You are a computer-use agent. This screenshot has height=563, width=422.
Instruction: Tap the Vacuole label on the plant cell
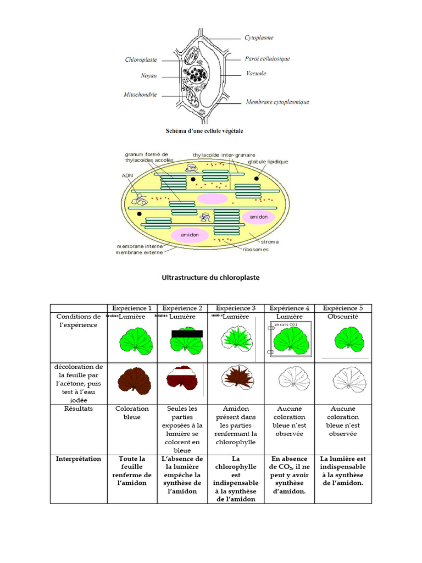256,73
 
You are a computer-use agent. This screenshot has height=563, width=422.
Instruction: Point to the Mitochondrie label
140,95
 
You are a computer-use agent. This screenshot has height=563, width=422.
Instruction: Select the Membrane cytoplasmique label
277,102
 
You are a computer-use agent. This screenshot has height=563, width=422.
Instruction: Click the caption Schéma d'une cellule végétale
204,131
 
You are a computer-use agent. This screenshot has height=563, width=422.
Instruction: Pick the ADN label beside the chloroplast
127,176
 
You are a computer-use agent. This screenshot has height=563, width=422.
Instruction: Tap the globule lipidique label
268,162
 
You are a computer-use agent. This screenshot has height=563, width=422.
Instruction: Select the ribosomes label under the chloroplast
256,250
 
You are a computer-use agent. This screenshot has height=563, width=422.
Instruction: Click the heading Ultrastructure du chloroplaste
210,278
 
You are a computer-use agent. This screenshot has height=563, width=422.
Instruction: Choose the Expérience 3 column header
236,308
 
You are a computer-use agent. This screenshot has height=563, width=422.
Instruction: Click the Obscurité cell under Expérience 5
342,317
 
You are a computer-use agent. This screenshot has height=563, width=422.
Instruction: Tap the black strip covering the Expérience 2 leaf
187,334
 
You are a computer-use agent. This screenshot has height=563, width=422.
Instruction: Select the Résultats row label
78,409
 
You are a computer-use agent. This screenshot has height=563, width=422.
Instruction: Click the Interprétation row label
78,459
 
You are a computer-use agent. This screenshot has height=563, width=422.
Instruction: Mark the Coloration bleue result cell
132,413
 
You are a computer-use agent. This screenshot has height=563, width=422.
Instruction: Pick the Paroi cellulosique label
267,59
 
